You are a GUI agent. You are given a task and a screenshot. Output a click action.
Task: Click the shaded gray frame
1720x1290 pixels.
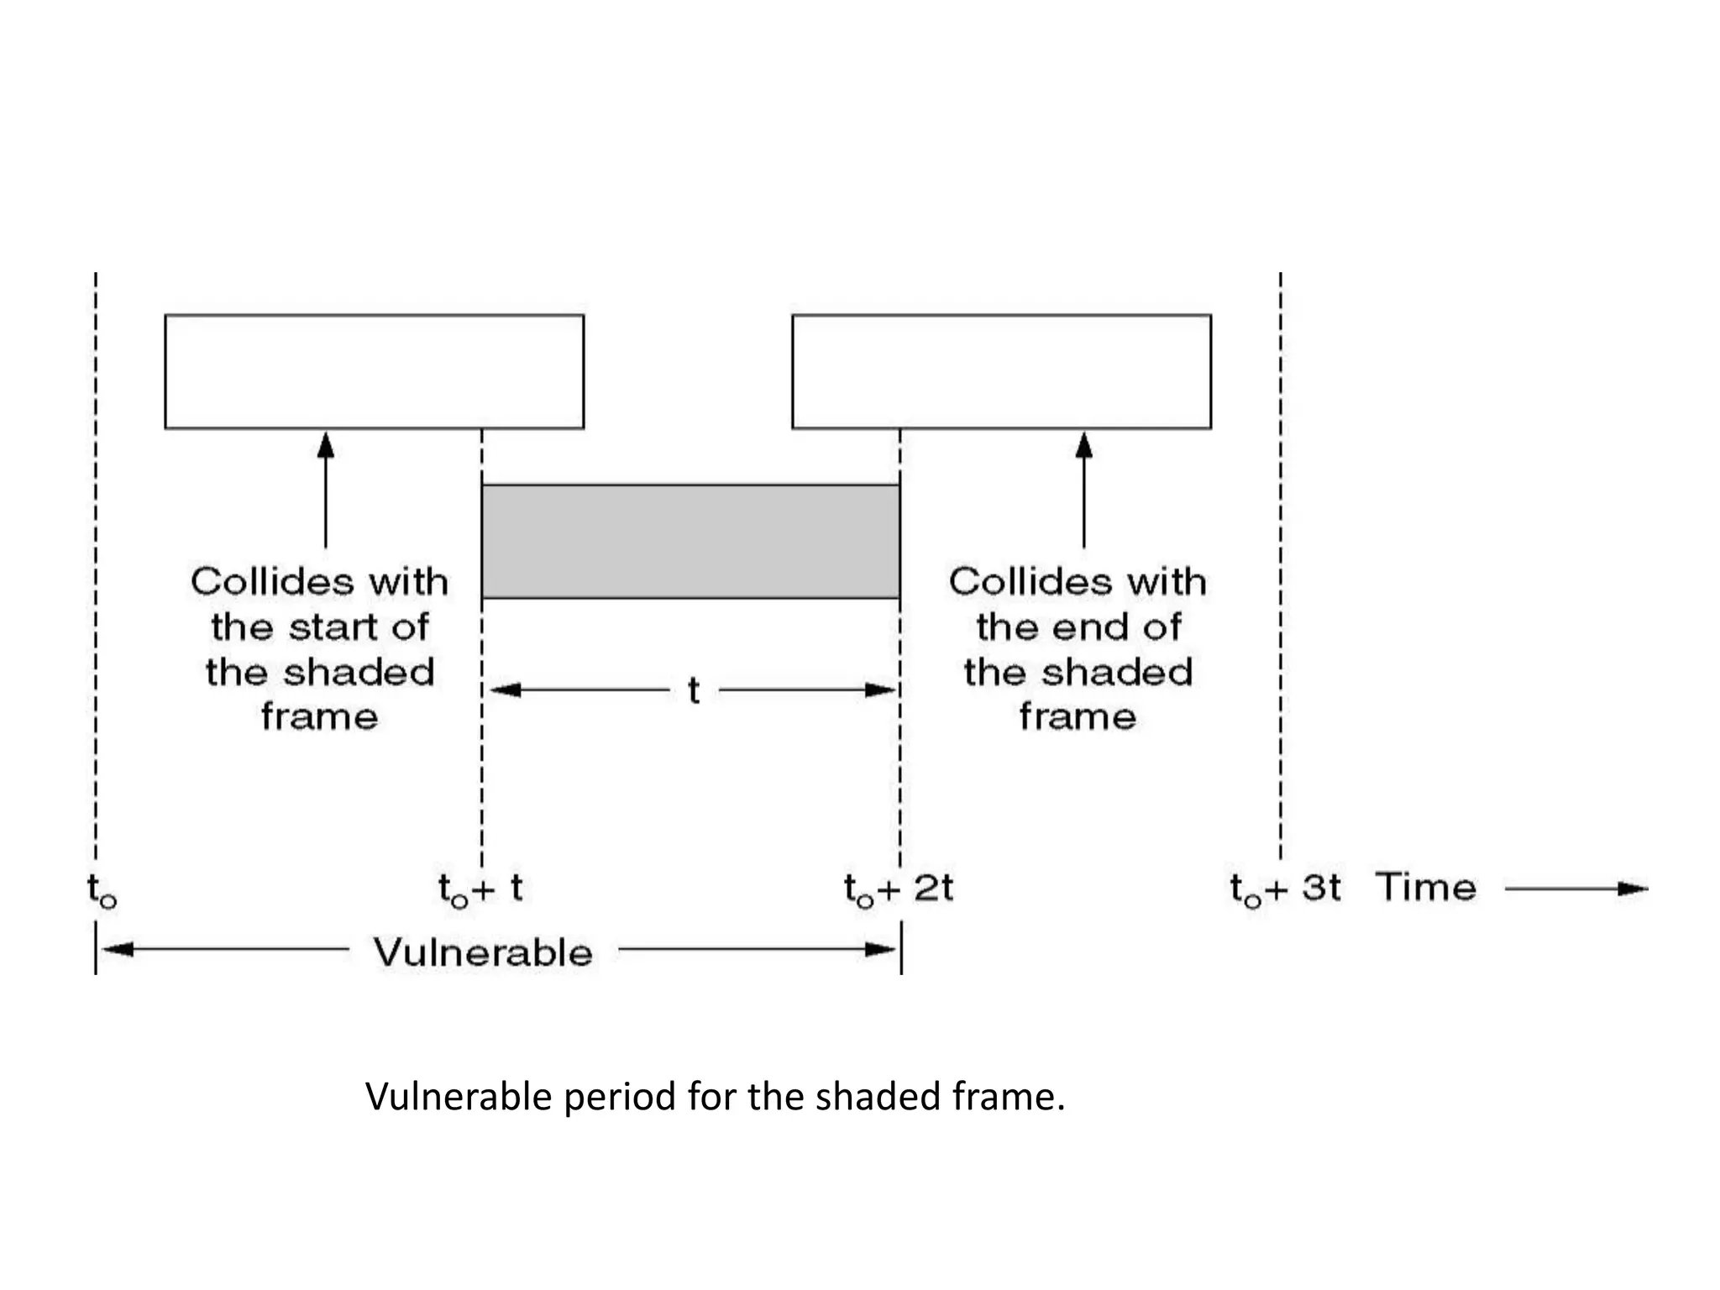pos(690,541)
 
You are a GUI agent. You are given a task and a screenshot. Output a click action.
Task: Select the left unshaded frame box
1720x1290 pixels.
pos(374,371)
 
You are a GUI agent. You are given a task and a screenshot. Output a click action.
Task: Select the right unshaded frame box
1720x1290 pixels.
pos(1001,371)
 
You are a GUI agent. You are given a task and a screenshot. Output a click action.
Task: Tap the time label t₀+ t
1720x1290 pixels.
pos(480,889)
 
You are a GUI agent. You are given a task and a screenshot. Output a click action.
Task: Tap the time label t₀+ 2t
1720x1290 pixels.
pos(898,889)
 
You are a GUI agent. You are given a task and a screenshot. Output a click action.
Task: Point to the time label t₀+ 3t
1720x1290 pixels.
pos(1285,889)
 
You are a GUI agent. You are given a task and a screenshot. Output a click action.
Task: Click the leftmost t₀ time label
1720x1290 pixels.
pos(102,890)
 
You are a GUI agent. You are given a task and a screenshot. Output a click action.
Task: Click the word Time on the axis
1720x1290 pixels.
pos(1425,888)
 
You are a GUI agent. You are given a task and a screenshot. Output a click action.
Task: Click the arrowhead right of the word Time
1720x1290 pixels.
pos(1633,889)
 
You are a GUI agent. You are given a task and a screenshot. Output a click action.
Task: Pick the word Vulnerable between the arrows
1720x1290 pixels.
pos(483,952)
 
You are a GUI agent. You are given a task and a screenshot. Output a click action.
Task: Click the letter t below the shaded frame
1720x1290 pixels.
pos(694,690)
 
